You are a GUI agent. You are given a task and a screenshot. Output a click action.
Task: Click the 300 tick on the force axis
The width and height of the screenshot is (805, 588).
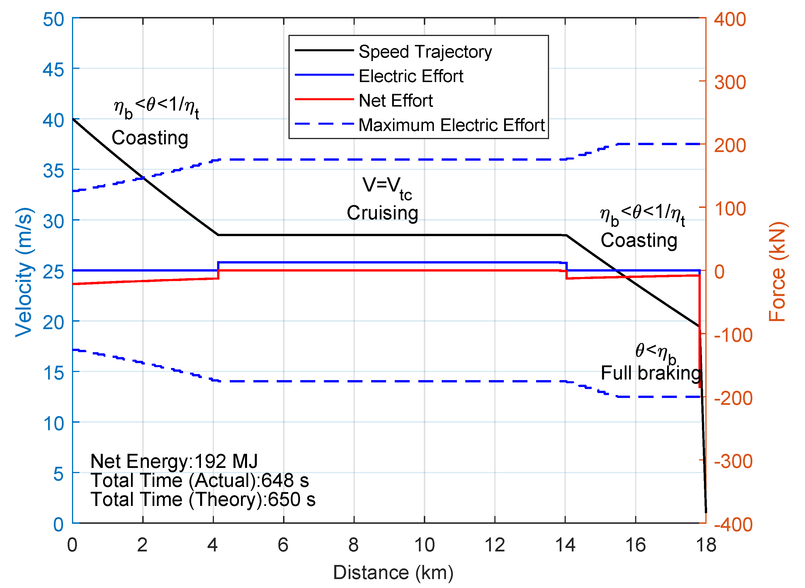point(730,82)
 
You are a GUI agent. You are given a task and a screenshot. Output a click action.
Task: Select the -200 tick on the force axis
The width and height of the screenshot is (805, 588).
point(733,398)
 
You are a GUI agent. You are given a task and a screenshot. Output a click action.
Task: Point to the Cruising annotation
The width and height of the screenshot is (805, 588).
point(382,213)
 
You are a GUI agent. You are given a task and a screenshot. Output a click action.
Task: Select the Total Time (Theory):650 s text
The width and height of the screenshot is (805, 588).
point(203,499)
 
